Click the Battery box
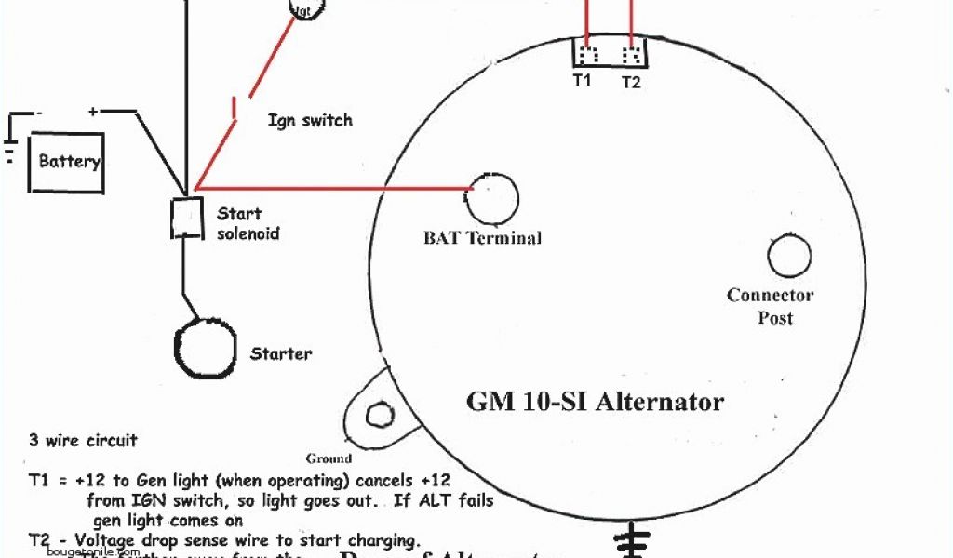pos(66,162)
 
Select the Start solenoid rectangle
pos(186,218)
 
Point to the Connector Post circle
pos(789,255)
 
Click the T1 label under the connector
pos(582,81)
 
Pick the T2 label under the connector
pos(631,82)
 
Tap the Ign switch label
pos(310,121)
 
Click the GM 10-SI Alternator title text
pos(595,402)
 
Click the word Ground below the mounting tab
pos(329,458)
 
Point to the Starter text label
pos(281,353)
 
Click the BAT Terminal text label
pos(482,238)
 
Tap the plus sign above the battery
pos(93,112)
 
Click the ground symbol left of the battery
pos(9,149)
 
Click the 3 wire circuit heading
pos(83,440)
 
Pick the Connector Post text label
pos(771,307)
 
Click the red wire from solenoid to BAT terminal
pos(335,188)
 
